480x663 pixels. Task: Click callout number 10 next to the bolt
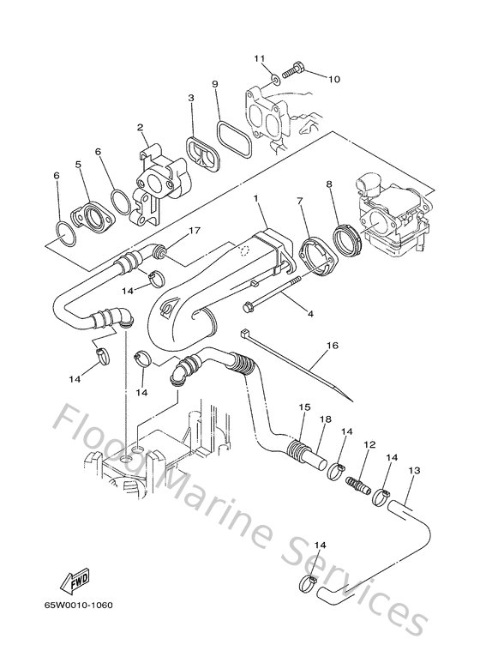(x=333, y=79)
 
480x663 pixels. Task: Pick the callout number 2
(x=138, y=127)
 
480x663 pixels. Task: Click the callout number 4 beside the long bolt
(x=310, y=315)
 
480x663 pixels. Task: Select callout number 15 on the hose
(x=302, y=406)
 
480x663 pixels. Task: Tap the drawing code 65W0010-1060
(x=78, y=606)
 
